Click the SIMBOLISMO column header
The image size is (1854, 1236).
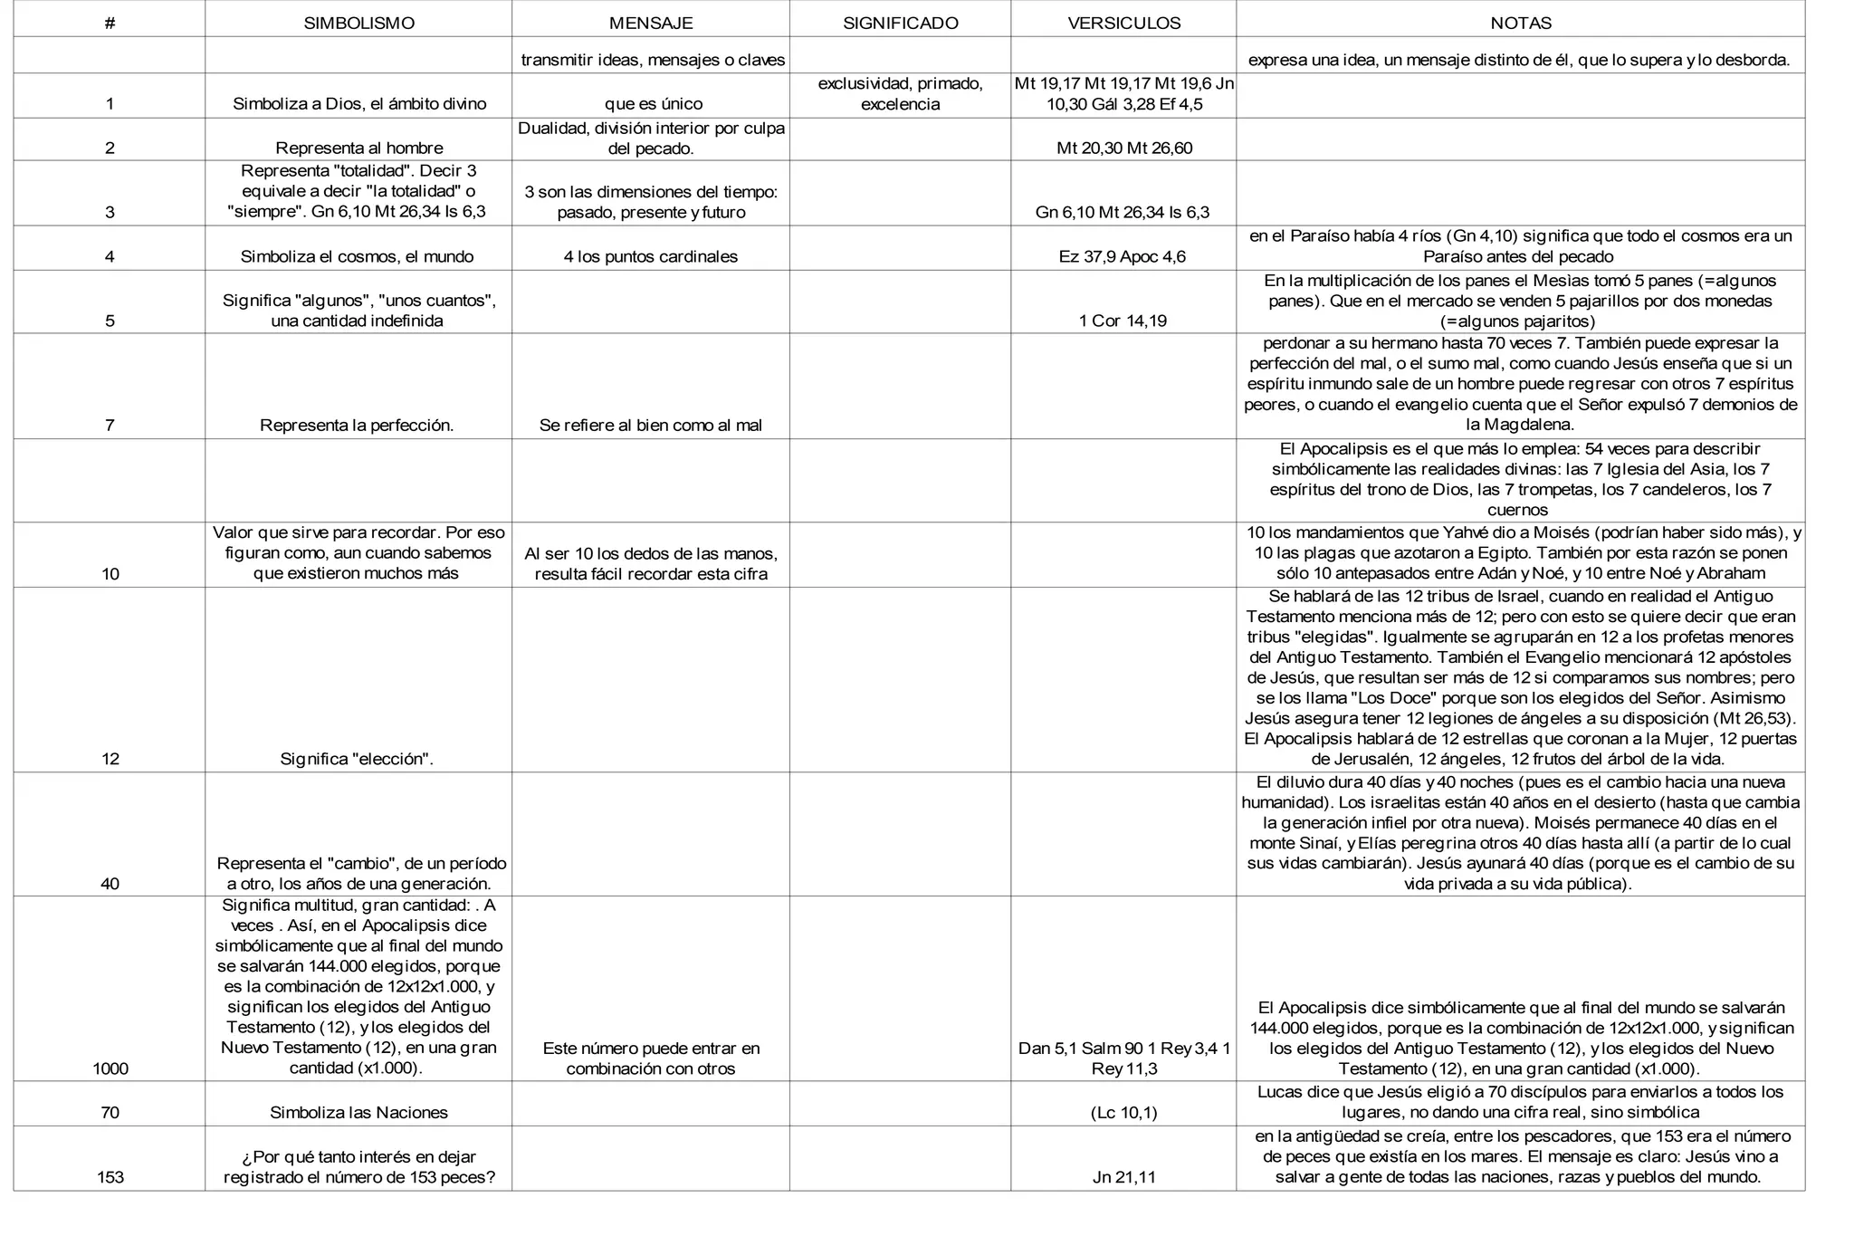coord(358,24)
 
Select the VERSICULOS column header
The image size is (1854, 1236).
coord(1123,24)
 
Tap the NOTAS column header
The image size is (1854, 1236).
coord(1520,24)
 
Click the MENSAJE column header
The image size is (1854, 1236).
coord(650,24)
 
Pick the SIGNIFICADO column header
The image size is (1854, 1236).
coord(900,24)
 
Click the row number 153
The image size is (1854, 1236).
coord(110,1177)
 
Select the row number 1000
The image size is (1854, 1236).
coord(110,1068)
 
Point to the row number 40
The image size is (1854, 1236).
coord(110,884)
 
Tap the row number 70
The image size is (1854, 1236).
coord(110,1112)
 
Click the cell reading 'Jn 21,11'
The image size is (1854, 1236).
coord(1123,1177)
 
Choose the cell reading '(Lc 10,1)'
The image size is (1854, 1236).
coord(1123,1112)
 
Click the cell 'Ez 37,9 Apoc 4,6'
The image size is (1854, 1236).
coord(1123,256)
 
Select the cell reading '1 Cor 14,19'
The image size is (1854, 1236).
coord(1123,321)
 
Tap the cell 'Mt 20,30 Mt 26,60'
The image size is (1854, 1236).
coord(1123,148)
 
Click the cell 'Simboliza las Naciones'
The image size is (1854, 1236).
coord(358,1112)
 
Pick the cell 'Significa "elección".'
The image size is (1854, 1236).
coord(357,759)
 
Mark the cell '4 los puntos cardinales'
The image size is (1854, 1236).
coord(650,256)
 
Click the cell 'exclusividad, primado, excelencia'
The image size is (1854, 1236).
coord(900,94)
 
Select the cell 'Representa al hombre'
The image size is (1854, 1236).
coord(359,148)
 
